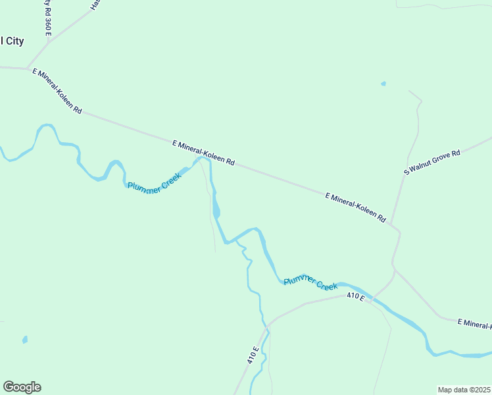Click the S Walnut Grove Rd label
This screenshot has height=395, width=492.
(432, 162)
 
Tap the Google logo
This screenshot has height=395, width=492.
(22, 387)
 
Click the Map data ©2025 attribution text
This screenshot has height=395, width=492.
(464, 389)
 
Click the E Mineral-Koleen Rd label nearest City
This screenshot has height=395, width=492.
(57, 91)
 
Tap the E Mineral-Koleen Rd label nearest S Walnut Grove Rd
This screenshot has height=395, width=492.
(355, 207)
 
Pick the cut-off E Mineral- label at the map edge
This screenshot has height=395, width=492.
(475, 323)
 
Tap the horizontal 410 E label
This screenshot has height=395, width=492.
(355, 297)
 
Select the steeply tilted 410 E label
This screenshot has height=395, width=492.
(253, 355)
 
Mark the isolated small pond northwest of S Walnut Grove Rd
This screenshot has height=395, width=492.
(383, 84)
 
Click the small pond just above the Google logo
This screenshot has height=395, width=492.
(25, 340)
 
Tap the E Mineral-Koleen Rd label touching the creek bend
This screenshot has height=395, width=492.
(203, 152)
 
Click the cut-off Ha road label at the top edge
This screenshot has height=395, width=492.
(95, 5)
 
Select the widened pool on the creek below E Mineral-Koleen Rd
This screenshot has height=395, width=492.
(216, 209)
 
